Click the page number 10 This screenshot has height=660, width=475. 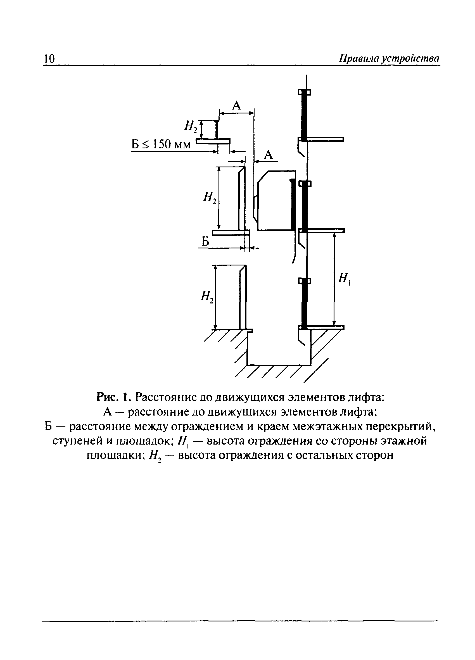(x=49, y=59)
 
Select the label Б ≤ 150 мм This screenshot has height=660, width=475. (x=161, y=144)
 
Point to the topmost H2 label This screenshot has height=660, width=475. (x=191, y=126)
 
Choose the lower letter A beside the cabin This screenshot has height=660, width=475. (x=268, y=155)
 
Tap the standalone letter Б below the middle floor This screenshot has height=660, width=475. (x=205, y=241)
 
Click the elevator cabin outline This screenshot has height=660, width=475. (x=275, y=201)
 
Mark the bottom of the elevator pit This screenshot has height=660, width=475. (x=279, y=364)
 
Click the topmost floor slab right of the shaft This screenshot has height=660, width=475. (x=325, y=139)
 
